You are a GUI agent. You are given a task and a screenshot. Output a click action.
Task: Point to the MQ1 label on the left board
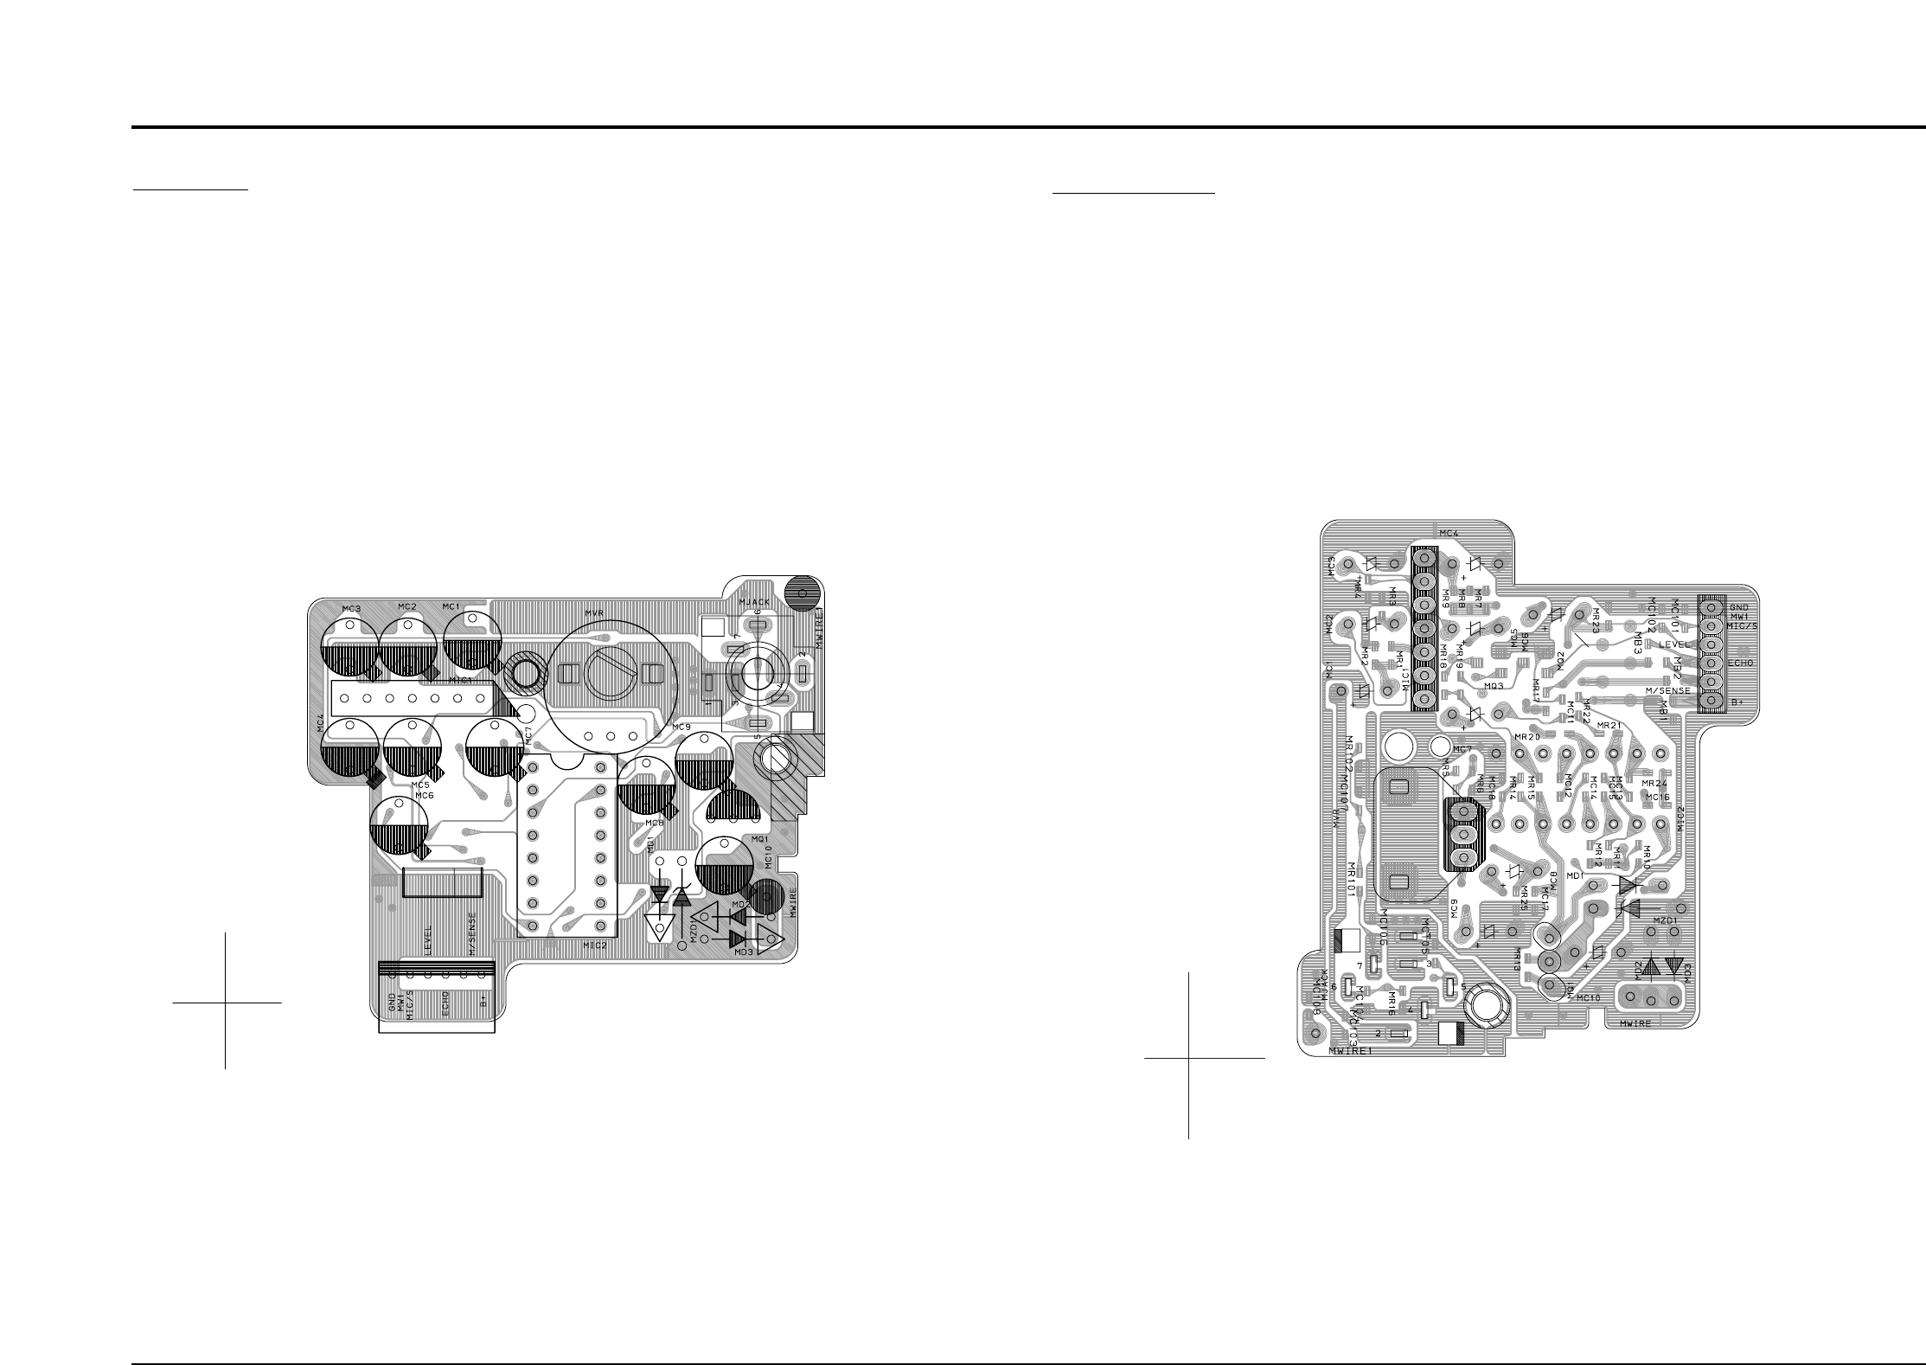[x=761, y=839]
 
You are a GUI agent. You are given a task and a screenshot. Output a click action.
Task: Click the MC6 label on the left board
[x=424, y=795]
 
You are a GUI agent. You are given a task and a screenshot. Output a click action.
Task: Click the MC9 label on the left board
[x=681, y=726]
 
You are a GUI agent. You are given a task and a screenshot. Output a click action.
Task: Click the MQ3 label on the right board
[x=1494, y=685]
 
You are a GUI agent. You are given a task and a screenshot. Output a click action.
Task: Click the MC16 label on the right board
[x=1658, y=797]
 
